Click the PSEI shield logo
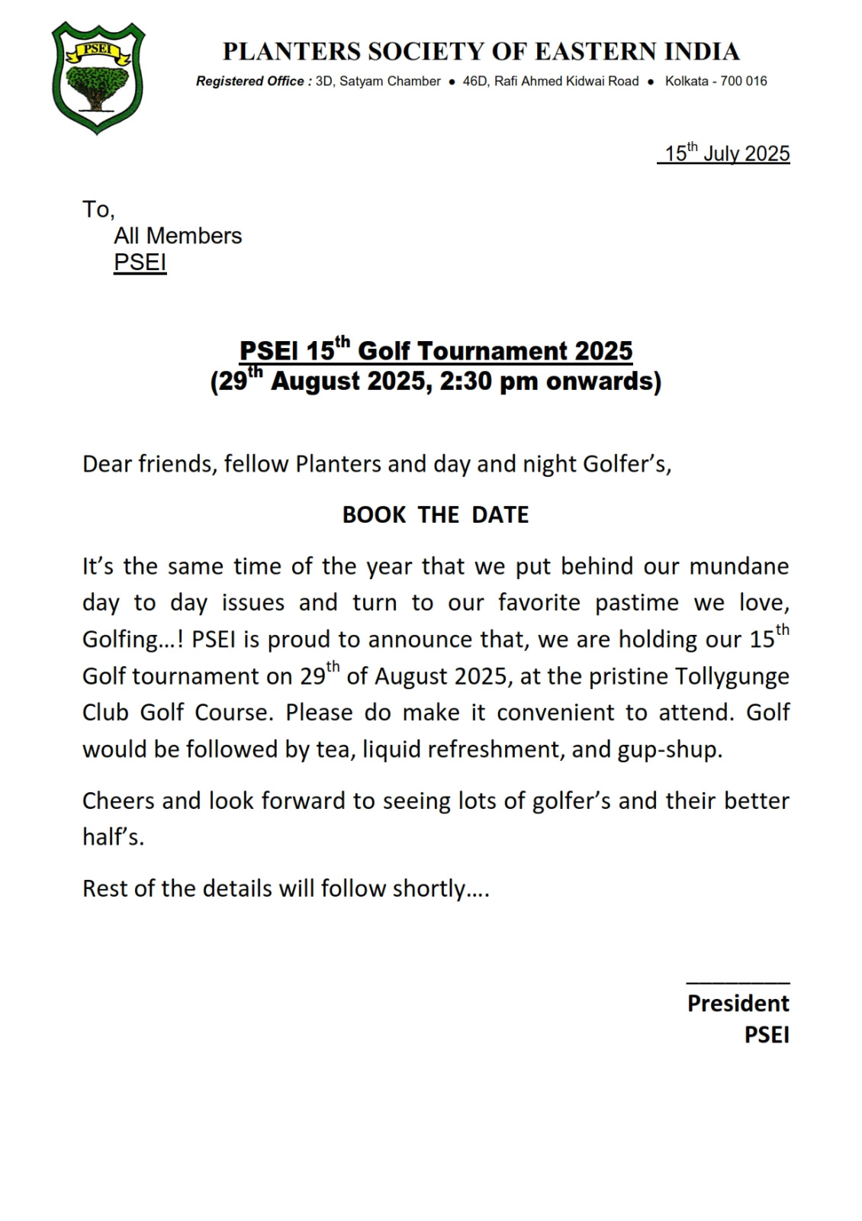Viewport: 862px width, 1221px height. tap(98, 78)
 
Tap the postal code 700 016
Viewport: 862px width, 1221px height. tap(744, 82)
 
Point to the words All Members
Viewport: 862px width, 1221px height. tap(178, 236)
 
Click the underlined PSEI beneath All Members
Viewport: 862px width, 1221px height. tap(140, 263)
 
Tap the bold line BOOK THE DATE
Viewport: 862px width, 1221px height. tap(435, 515)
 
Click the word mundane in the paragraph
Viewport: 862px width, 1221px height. tap(738, 566)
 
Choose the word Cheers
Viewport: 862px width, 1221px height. tap(118, 801)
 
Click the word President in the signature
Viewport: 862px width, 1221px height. tap(738, 1003)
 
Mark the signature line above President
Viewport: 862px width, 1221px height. tap(738, 983)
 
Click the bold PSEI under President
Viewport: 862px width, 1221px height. tap(767, 1035)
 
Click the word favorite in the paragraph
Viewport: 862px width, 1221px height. tap(539, 603)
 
